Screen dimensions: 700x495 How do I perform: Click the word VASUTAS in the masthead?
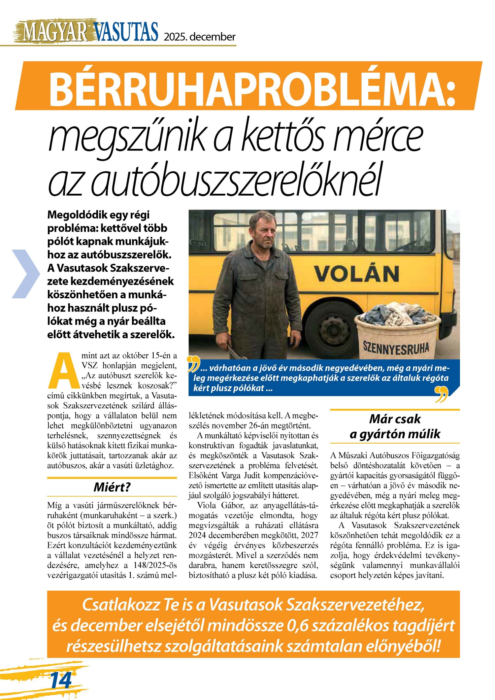(x=126, y=32)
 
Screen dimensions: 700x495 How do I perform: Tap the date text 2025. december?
(x=200, y=37)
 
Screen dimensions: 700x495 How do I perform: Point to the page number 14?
(x=61, y=680)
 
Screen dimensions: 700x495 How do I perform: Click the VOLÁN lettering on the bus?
(x=356, y=274)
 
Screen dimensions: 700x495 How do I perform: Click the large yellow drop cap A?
(x=65, y=371)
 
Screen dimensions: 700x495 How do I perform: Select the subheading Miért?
(x=112, y=487)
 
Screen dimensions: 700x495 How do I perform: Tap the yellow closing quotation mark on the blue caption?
(x=441, y=394)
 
